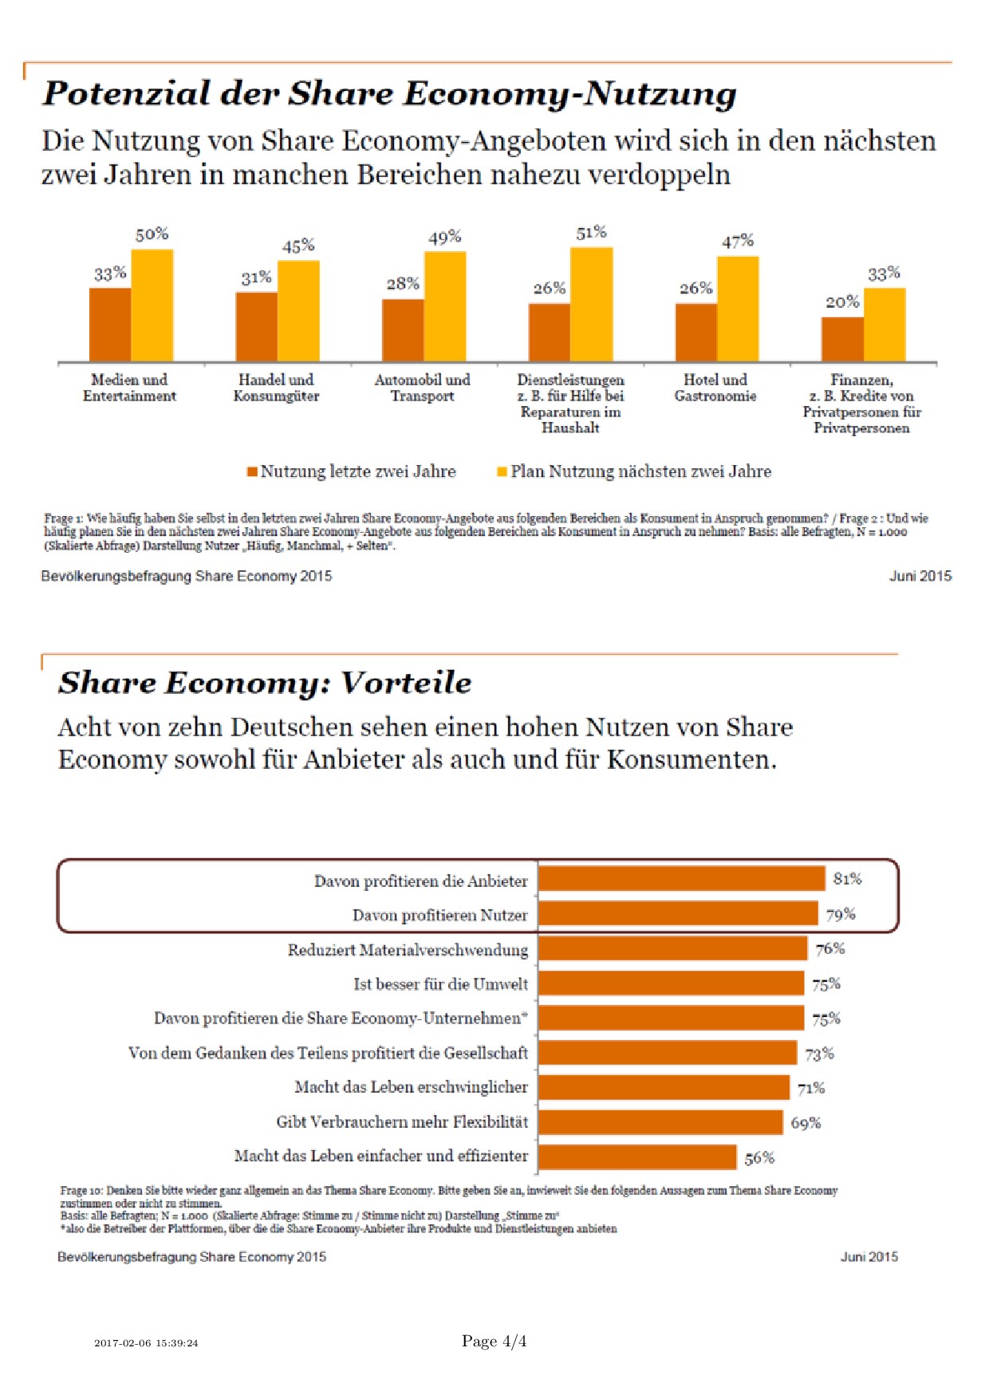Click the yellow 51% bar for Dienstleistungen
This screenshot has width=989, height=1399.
click(591, 305)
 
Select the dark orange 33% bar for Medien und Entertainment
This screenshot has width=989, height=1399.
click(110, 325)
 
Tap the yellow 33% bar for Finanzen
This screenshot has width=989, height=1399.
click(885, 325)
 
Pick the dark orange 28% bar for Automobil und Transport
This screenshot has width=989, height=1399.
click(403, 330)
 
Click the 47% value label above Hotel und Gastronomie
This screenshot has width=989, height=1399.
click(738, 241)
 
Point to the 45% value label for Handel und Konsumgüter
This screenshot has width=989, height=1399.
click(298, 246)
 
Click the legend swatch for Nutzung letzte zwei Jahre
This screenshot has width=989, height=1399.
click(252, 471)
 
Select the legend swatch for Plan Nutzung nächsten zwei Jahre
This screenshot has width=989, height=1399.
click(502, 471)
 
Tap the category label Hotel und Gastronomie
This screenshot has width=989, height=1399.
click(715, 388)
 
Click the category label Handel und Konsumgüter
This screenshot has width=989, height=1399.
click(276, 388)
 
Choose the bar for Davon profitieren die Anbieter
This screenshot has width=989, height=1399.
click(681, 879)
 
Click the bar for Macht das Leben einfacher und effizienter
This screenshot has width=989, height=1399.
click(637, 1157)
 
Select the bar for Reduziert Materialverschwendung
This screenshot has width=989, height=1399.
click(672, 948)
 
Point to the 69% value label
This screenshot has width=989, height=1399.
click(806, 1123)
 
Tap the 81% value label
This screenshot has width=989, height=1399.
click(847, 879)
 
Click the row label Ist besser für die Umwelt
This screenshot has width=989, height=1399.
click(440, 984)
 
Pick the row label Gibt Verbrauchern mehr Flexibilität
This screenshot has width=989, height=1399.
click(402, 1122)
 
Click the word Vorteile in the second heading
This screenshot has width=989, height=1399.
click(406, 683)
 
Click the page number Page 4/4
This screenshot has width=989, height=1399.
click(494, 1342)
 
